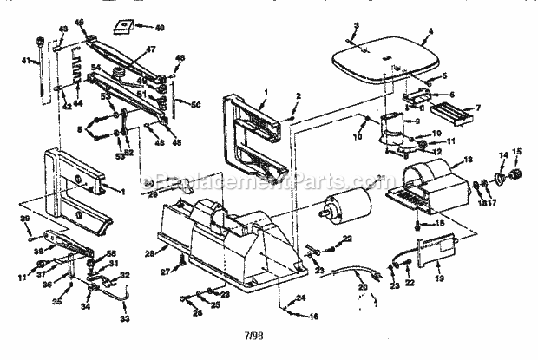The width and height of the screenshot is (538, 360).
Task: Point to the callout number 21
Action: tap(379, 178)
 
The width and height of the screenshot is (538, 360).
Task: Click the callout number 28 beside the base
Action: tap(148, 252)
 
